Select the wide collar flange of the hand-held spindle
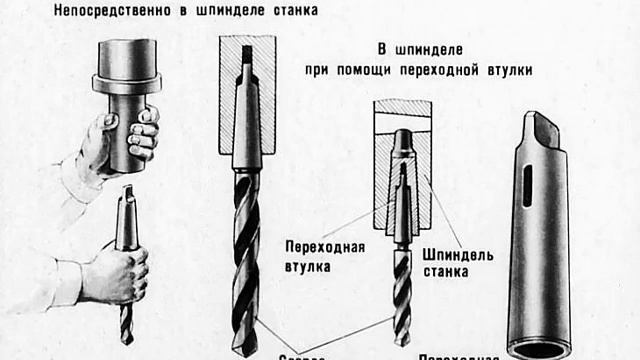click(127, 85)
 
